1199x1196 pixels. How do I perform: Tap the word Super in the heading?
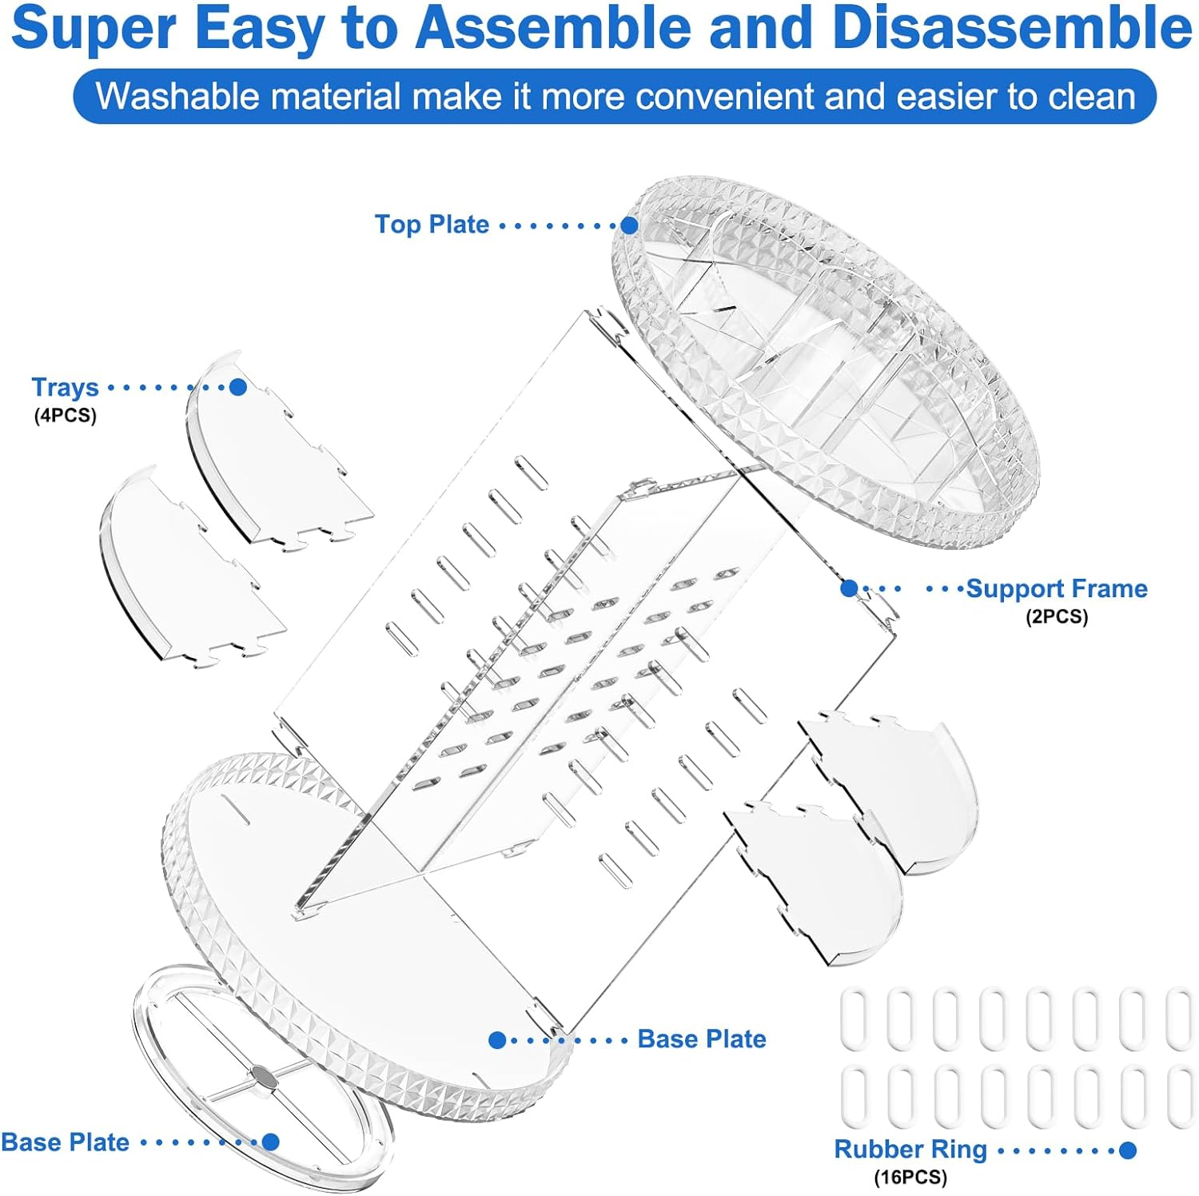click(93, 29)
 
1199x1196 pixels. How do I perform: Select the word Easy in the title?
click(259, 29)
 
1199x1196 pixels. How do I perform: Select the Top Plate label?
click(432, 225)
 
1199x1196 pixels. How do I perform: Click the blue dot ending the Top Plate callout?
click(629, 225)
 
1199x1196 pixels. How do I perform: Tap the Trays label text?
click(65, 387)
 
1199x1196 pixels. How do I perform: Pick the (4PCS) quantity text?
click(65, 416)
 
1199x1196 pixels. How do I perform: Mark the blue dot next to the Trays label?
click(237, 387)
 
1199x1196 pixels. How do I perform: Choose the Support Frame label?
click(1057, 588)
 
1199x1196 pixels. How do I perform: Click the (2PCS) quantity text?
click(1057, 616)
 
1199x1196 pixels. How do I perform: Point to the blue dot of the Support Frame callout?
click(849, 588)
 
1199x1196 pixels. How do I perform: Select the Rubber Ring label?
click(910, 1149)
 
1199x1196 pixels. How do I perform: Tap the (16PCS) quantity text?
click(910, 1177)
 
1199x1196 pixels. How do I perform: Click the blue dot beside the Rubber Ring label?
click(1128, 1150)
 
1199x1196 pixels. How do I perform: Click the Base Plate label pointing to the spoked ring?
click(66, 1142)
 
